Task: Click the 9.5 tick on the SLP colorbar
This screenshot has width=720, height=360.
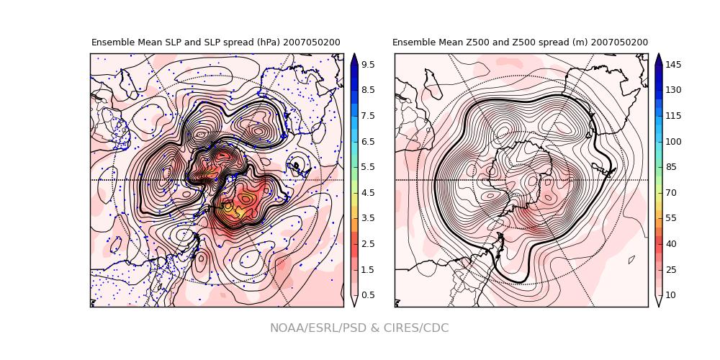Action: (x=367, y=65)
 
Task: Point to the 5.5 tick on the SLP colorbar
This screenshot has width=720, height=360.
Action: (x=367, y=167)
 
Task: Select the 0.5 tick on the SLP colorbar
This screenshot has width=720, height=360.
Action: (x=367, y=295)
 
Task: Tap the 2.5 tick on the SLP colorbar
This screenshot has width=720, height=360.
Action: (x=367, y=244)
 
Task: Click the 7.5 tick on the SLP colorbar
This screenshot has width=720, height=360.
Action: (x=367, y=116)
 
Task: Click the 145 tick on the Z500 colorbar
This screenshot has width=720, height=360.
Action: (x=673, y=65)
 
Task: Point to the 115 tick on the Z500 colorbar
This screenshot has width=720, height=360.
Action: (x=673, y=116)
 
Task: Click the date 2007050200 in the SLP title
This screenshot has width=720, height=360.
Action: (x=312, y=42)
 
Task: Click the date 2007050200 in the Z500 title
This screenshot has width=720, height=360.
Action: (x=619, y=42)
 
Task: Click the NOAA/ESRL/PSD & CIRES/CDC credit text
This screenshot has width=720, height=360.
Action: (x=359, y=328)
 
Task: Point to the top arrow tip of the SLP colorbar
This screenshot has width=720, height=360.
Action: (x=354, y=55)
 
